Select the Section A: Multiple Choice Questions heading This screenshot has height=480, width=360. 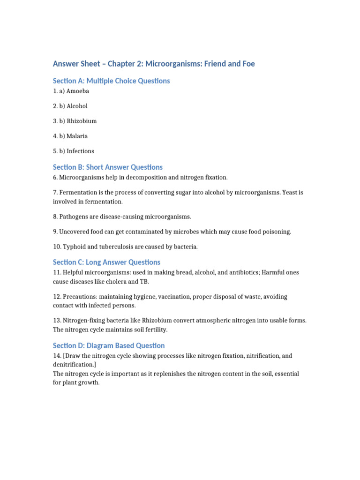coord(111,81)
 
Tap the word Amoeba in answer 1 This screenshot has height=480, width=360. coord(78,91)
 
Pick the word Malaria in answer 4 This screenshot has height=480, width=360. coord(77,136)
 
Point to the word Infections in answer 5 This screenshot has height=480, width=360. coord(80,151)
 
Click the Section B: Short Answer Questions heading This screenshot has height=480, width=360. coord(107,167)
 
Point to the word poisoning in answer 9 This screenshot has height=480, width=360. coord(276,232)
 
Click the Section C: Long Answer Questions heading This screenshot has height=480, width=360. coord(106,262)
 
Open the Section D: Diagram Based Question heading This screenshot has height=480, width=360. coord(109,346)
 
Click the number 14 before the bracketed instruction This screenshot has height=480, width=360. coord(56,356)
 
